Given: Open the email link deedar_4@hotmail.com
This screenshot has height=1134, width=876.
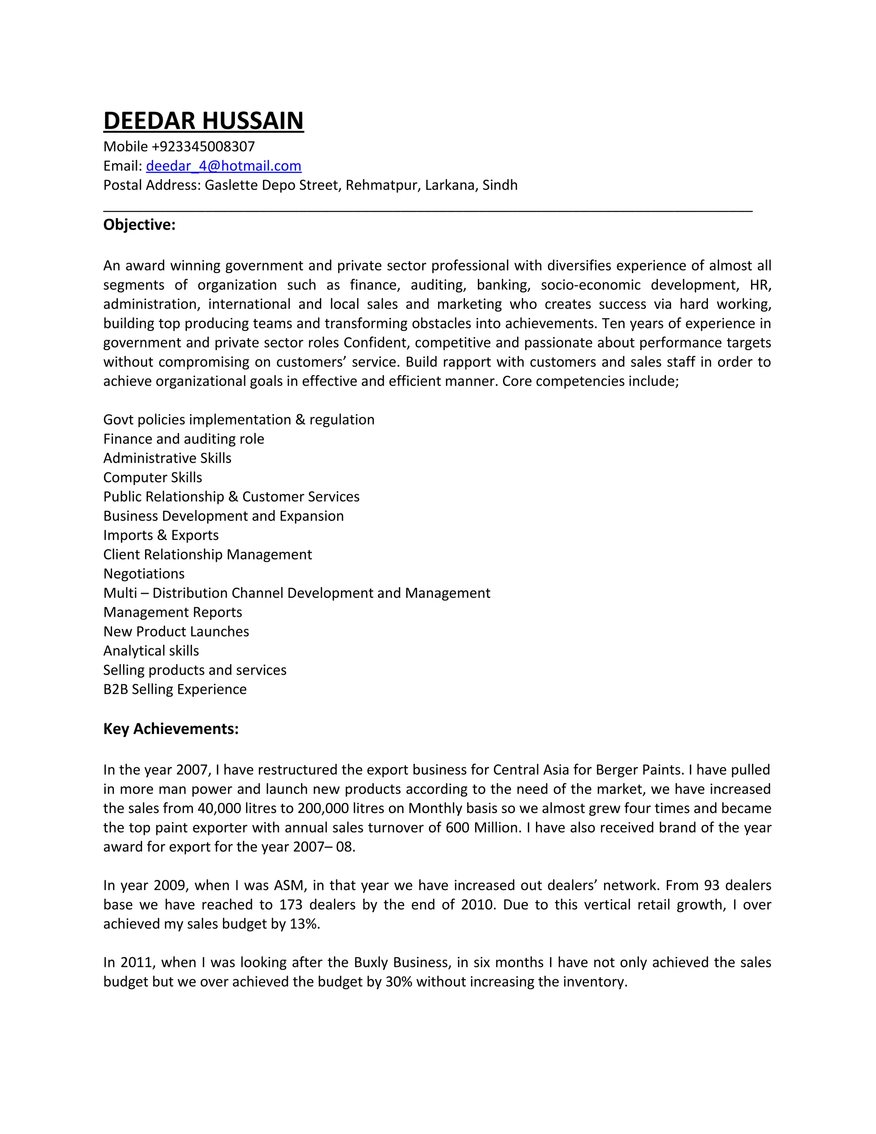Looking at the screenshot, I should pos(223,166).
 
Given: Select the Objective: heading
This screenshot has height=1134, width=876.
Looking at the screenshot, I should pos(139,225).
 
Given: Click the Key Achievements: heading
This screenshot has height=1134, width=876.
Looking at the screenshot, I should pos(171,729).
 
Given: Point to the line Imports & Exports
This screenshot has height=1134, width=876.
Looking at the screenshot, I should pos(161,535).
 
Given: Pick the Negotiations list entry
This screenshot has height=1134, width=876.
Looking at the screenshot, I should pos(144,574).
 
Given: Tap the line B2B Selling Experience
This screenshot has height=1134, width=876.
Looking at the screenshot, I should pos(175,689).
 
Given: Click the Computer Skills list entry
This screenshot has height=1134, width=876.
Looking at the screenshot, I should pos(153,478).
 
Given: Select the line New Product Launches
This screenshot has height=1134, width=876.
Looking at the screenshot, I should pos(176,632).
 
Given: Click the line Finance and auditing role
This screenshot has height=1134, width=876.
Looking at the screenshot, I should pos(183,439).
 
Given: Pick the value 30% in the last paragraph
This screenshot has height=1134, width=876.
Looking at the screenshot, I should pos(399,982).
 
